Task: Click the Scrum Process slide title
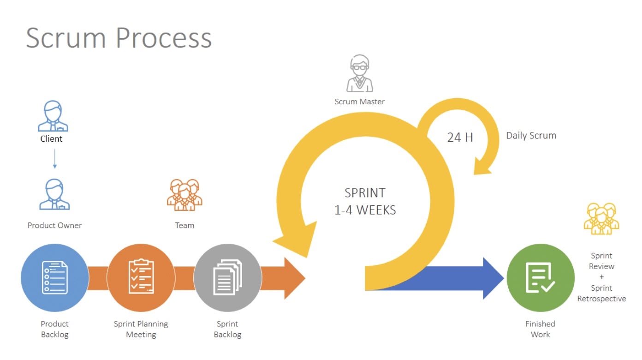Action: pyautogui.click(x=119, y=37)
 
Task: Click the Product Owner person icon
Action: pyautogui.click(x=54, y=194)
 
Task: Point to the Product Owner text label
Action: pyautogui.click(x=54, y=225)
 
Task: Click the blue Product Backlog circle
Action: pyautogui.click(x=54, y=278)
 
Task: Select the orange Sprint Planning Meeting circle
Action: pyautogui.click(x=141, y=278)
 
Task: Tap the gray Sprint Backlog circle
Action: pyautogui.click(x=227, y=278)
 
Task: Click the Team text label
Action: pyautogui.click(x=184, y=225)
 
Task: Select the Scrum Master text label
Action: pyautogui.click(x=360, y=102)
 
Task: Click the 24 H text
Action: pyautogui.click(x=460, y=137)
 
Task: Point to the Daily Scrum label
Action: pyautogui.click(x=531, y=136)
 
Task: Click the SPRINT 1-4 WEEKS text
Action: pyautogui.click(x=365, y=201)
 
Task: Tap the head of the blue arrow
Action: pyautogui.click(x=493, y=278)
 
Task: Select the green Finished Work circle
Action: pyautogui.click(x=541, y=278)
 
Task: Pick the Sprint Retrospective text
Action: pyautogui.click(x=601, y=294)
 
